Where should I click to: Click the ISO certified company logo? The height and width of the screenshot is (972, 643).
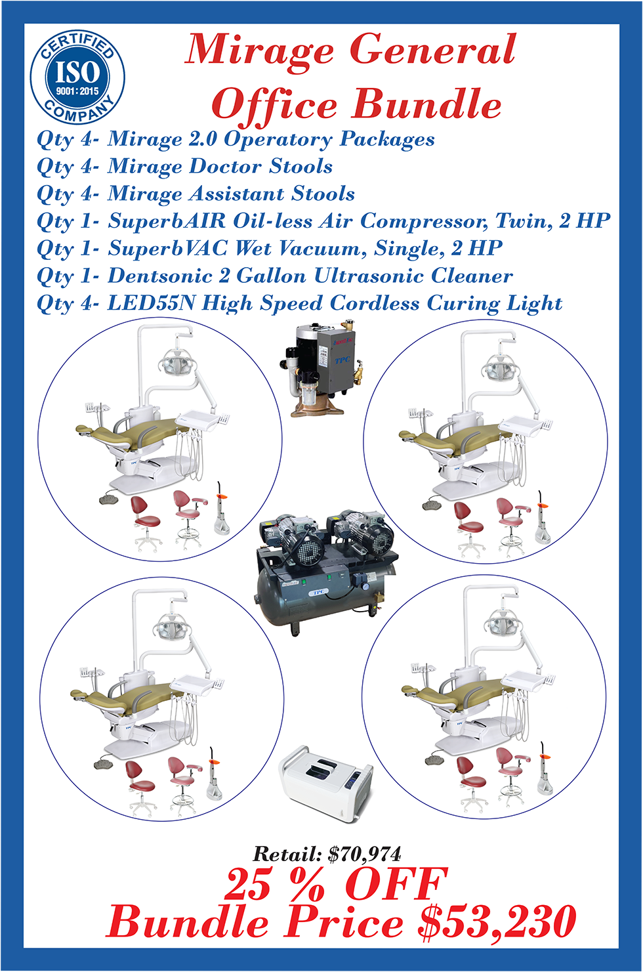[77, 78]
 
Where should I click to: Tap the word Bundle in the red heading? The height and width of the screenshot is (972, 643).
[426, 104]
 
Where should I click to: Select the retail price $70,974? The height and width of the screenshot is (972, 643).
[364, 855]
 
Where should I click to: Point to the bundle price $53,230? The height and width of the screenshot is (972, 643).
[497, 921]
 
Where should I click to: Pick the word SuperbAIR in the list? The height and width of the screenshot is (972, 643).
[167, 221]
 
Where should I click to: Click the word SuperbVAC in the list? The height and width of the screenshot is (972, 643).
[167, 248]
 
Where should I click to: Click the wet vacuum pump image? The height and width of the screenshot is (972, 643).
[321, 368]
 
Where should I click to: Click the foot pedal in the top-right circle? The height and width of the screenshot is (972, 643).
[432, 505]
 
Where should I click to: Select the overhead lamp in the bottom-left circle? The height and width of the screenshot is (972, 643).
[171, 627]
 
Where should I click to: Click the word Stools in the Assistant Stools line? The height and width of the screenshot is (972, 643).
[323, 194]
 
